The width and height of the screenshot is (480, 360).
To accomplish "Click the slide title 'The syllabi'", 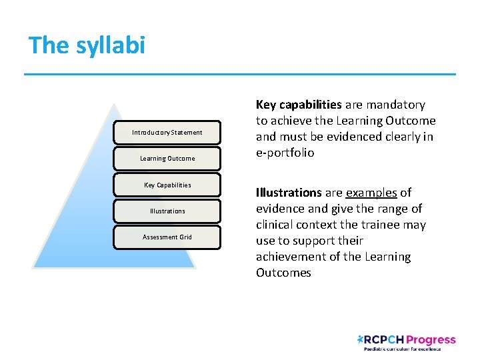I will click(87, 45).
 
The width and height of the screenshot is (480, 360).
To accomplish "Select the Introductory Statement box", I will click(167, 132).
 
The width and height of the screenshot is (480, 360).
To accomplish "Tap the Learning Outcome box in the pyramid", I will click(167, 159).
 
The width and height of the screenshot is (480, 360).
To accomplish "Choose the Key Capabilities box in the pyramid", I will click(167, 185).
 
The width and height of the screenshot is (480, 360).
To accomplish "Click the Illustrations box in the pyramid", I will click(167, 211).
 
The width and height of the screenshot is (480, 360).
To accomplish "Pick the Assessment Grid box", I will click(167, 237).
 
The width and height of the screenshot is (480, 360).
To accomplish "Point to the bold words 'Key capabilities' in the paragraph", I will click(299, 105).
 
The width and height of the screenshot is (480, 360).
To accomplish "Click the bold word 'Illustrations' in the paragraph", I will click(289, 193).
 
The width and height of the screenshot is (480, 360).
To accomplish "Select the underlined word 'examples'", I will click(371, 193).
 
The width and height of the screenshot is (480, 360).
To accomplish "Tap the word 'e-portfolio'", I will click(285, 153).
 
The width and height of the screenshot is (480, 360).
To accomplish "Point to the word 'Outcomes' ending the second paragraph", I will click(283, 273).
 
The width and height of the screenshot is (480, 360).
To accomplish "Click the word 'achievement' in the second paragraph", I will click(290, 257).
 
